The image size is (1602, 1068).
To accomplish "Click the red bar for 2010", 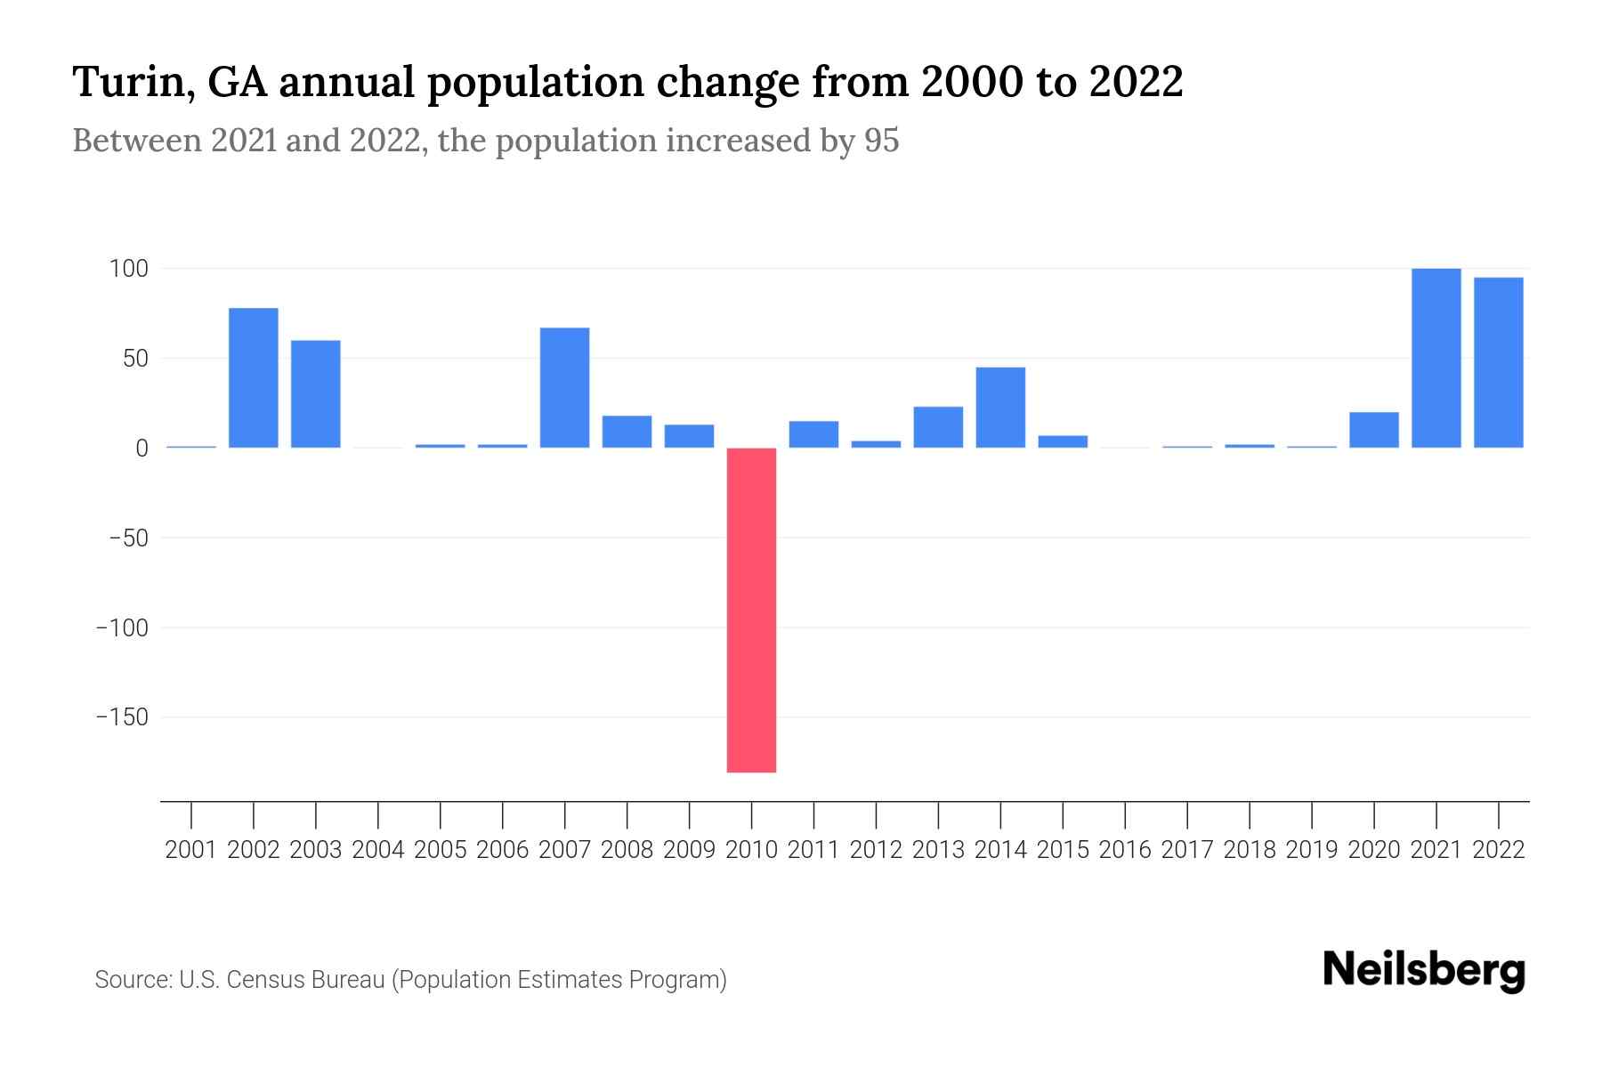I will coord(751,610).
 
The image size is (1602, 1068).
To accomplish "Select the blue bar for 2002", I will coord(254,377).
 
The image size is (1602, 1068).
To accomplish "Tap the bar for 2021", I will coord(1436,358).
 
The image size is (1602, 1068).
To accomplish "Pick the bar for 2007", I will coord(564,387).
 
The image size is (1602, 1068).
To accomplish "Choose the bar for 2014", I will coord(1000,407).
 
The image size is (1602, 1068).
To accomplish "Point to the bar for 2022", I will coord(1498,362).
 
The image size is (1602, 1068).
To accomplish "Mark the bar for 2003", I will coord(316,393).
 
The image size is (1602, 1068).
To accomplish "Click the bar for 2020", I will coord(1373,429).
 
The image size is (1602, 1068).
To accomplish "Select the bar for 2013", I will coord(938,426).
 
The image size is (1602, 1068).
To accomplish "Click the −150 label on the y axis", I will coord(122,717).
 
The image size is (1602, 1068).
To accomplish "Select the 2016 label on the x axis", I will coord(1125,850).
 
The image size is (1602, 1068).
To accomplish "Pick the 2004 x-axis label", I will coord(378,850).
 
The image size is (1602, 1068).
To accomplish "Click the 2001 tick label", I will coord(191,850).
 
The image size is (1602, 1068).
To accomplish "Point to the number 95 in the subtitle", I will coord(881,141).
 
